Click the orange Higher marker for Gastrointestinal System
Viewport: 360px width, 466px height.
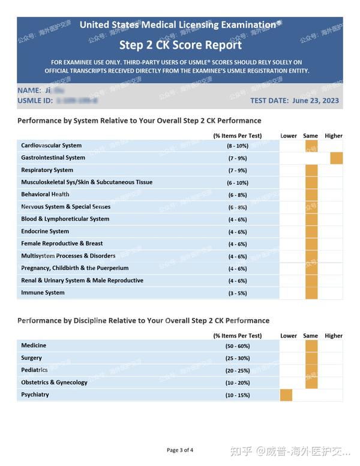click(x=336, y=158)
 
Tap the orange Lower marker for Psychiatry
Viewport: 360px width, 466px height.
click(x=286, y=395)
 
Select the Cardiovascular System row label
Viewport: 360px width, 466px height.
click(x=51, y=146)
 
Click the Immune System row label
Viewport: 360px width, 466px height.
click(x=43, y=293)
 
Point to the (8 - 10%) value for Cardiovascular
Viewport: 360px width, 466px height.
click(x=237, y=146)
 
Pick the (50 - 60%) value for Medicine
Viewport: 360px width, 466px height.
click(x=237, y=346)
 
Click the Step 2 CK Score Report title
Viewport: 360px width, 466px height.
click(x=180, y=45)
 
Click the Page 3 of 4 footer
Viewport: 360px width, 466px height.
click(x=180, y=450)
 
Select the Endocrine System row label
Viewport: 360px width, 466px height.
click(x=45, y=232)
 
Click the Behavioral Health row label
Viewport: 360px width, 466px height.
click(x=45, y=194)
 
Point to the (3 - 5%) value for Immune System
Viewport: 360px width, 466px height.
click(x=237, y=293)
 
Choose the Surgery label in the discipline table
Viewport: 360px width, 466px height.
click(x=31, y=358)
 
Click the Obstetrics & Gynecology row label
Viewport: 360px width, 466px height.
click(x=54, y=383)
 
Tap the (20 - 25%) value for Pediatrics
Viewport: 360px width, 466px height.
click(x=237, y=371)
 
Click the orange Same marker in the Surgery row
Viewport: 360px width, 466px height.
click(x=311, y=358)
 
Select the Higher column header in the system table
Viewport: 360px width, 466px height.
click(x=334, y=136)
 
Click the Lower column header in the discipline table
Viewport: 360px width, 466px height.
click(x=289, y=336)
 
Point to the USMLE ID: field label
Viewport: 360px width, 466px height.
click(x=35, y=101)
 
